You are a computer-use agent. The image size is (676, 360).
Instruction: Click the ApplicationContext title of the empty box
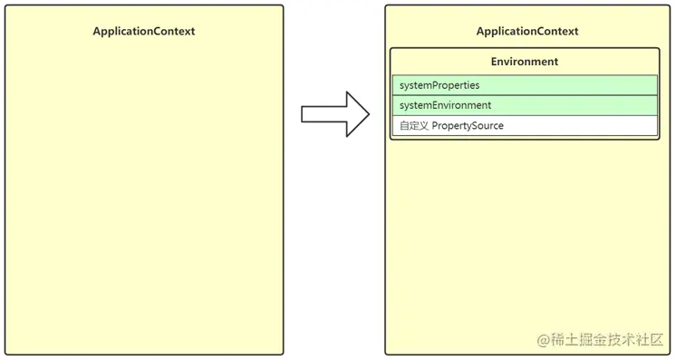coord(143,31)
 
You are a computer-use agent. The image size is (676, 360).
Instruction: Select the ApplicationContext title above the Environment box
coord(526,31)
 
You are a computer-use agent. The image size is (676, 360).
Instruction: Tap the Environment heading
coord(525,62)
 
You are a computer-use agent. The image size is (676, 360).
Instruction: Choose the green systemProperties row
coord(525,85)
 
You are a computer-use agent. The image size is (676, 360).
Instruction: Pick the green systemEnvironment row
coord(525,105)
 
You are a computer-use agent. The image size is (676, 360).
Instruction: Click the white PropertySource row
coord(525,125)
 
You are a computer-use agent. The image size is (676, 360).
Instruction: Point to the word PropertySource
coord(468,125)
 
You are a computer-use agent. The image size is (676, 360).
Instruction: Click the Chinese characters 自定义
coord(413,125)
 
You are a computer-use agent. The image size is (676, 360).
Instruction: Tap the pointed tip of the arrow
coord(369,113)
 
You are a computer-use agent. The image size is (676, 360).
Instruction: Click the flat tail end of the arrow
coord(304,113)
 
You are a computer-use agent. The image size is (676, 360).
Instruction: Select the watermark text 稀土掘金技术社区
coord(607,340)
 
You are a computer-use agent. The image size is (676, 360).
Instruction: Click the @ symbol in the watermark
coord(544,340)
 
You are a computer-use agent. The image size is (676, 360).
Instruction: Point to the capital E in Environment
coord(495,62)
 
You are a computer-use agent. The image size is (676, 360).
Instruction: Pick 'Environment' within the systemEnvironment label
coord(462,105)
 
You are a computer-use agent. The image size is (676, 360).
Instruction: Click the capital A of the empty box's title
coord(97,31)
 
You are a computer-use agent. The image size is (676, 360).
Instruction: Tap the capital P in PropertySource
coord(436,125)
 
